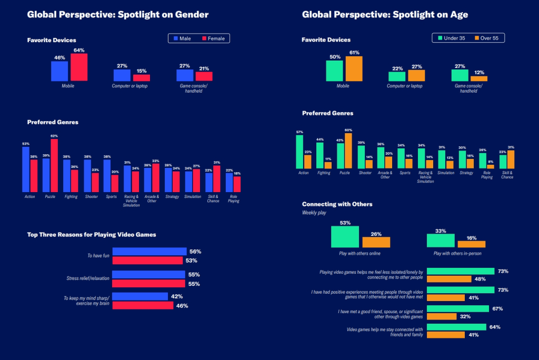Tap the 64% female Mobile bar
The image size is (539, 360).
click(x=79, y=67)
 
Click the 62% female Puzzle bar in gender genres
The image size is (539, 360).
click(x=54, y=165)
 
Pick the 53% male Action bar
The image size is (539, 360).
click(x=26, y=169)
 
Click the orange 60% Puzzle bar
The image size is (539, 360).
click(x=348, y=151)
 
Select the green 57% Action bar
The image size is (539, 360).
click(x=300, y=152)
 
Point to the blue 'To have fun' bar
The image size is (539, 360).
click(x=149, y=252)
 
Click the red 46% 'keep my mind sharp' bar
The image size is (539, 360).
click(x=143, y=305)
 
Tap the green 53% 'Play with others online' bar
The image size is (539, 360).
click(x=345, y=237)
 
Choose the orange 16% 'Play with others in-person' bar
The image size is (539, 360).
click(x=471, y=244)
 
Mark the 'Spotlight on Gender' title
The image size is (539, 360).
click(x=118, y=15)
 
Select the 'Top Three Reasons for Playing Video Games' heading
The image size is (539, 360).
click(x=92, y=234)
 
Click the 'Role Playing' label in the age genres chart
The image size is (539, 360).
click(x=487, y=175)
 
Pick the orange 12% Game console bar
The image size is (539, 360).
click(x=479, y=78)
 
